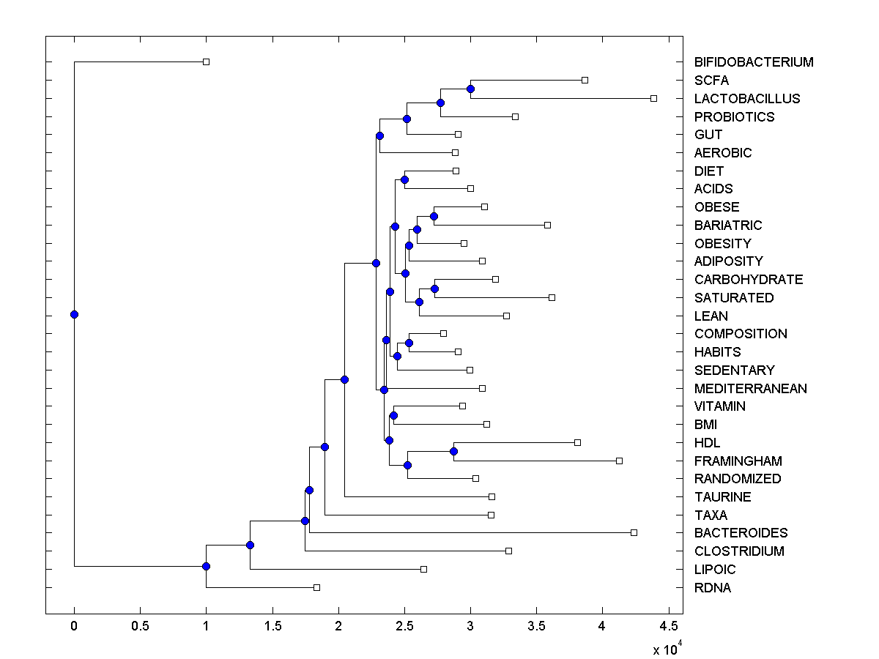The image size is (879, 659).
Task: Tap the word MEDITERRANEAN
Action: click(x=751, y=388)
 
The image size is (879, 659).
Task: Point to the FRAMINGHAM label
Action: click(x=738, y=461)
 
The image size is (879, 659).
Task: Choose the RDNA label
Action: click(x=713, y=587)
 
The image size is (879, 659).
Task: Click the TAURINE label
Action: click(x=722, y=496)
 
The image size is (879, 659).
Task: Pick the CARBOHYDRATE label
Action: click(x=749, y=279)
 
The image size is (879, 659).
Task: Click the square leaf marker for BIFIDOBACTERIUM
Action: click(x=206, y=62)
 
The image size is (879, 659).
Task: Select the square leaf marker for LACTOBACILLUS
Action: click(x=654, y=98)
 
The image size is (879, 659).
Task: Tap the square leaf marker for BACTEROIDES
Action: click(x=634, y=532)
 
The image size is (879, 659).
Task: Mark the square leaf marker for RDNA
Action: click(x=316, y=587)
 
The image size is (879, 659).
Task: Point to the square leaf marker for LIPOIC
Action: click(x=423, y=569)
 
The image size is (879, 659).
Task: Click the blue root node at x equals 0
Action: click(x=74, y=315)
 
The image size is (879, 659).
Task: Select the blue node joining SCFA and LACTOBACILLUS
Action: click(x=470, y=89)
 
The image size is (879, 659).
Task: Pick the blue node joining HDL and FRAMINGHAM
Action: click(x=453, y=451)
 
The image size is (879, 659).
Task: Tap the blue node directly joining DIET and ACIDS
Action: click(x=404, y=179)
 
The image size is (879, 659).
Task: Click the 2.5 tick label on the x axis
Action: click(x=404, y=626)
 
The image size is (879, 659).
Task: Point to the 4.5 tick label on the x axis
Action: click(x=668, y=626)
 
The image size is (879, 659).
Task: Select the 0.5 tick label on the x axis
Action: click(x=140, y=626)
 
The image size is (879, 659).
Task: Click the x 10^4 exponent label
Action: click(x=667, y=649)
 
